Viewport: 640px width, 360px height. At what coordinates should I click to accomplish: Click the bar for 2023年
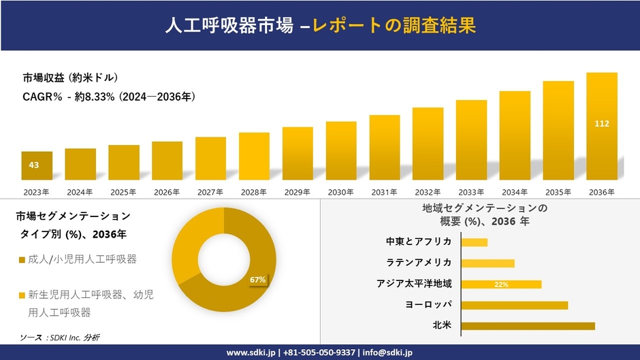[x=37, y=165]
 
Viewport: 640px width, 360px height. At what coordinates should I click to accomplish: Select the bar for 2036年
[x=601, y=126]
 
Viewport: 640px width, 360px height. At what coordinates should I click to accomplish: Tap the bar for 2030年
[x=341, y=150]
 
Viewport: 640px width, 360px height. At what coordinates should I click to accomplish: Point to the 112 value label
[x=601, y=123]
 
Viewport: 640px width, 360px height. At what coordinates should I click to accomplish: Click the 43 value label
[x=34, y=165]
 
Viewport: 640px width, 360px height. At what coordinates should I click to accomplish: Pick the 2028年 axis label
[x=254, y=192]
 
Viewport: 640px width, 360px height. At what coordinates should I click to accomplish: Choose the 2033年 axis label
[x=471, y=192]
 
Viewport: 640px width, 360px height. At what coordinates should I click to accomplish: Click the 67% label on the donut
[x=257, y=280]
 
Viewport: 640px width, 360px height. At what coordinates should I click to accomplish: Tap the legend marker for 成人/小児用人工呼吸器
[x=22, y=260]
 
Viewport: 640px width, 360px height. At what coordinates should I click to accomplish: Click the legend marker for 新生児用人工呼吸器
[x=22, y=296]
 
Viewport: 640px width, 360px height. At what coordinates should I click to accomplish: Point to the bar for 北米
[x=528, y=325]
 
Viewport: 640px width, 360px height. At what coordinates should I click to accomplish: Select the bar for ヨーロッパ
[x=514, y=305]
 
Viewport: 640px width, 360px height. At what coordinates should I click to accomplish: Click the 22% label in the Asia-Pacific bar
[x=502, y=284]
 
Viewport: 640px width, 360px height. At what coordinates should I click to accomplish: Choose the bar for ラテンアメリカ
[x=487, y=263]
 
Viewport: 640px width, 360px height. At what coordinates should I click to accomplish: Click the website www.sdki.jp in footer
[x=251, y=353]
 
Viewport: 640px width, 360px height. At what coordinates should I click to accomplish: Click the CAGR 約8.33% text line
[x=109, y=97]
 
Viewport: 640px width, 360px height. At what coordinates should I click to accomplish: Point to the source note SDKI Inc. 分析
[x=61, y=338]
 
